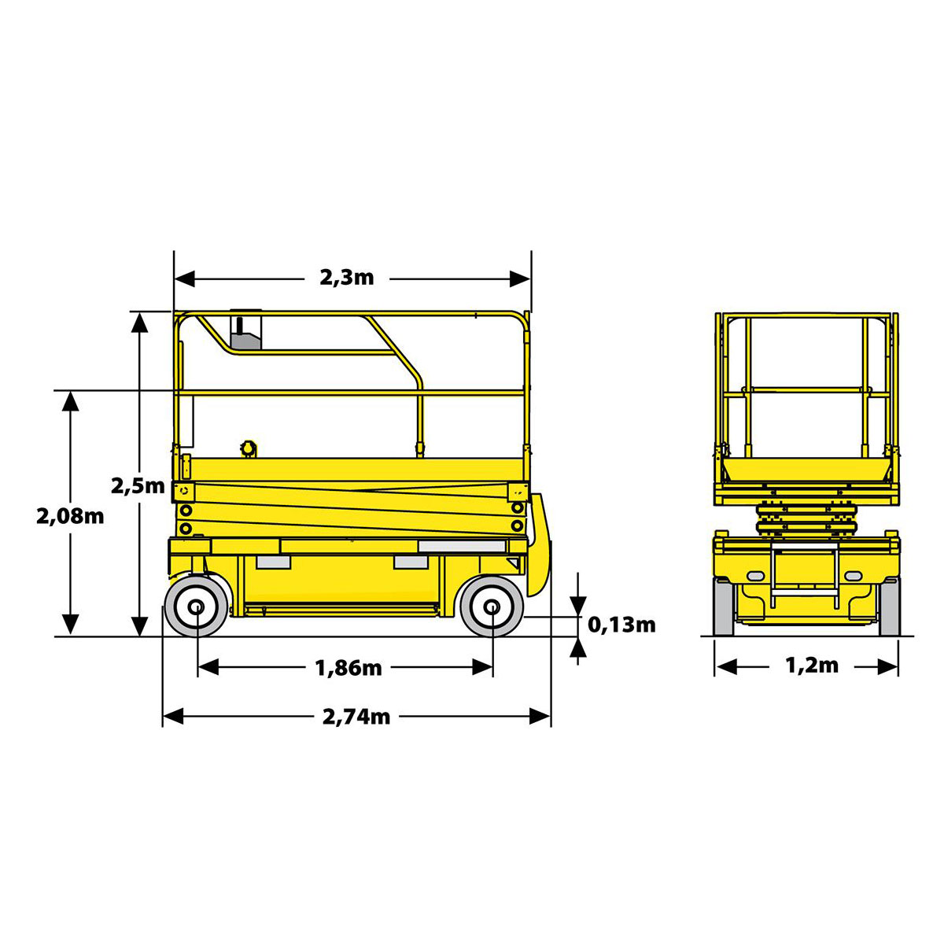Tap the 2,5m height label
[x=138, y=486]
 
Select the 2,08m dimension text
[x=70, y=516]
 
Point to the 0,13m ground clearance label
[x=621, y=625]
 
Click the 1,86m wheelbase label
[x=348, y=668]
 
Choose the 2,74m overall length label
[x=356, y=717]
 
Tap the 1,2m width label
[x=812, y=666]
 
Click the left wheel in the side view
[x=197, y=607]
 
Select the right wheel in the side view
[x=492, y=607]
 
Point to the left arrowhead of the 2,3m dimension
[x=185, y=278]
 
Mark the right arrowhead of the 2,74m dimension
[x=540, y=716]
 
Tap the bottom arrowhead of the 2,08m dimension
[x=71, y=625]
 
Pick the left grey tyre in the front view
[x=724, y=607]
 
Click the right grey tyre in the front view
[x=889, y=607]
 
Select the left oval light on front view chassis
[x=755, y=576]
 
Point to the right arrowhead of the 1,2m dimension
[x=887, y=667]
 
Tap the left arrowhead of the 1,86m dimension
[x=208, y=667]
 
